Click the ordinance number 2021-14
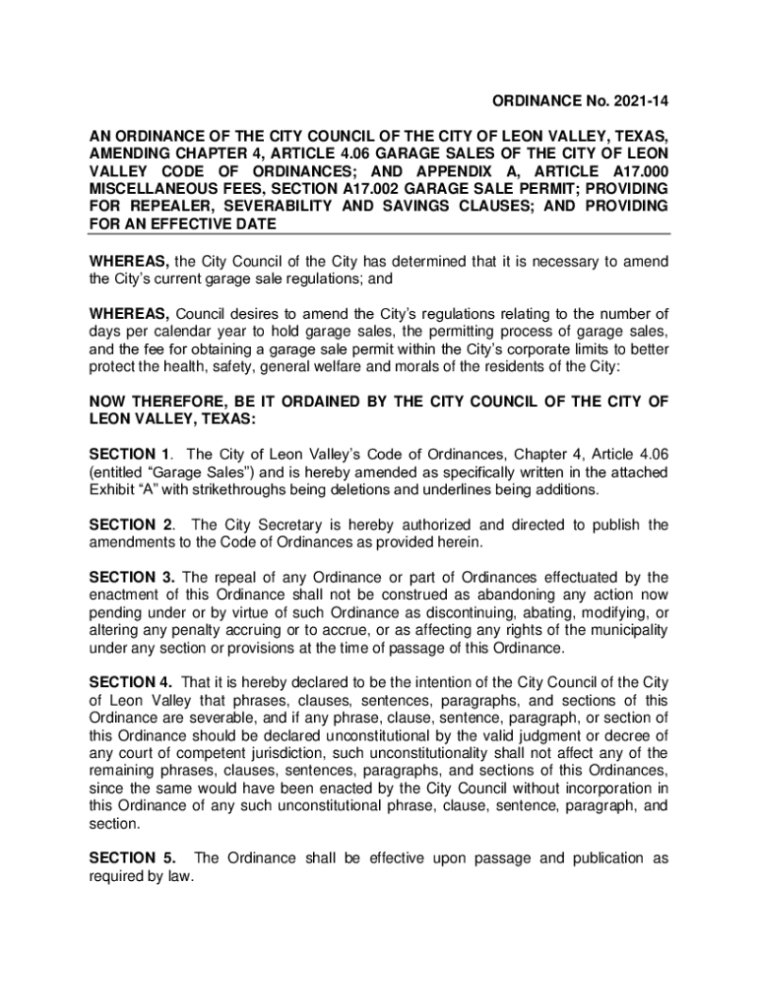(641, 101)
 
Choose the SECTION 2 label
(130, 525)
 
